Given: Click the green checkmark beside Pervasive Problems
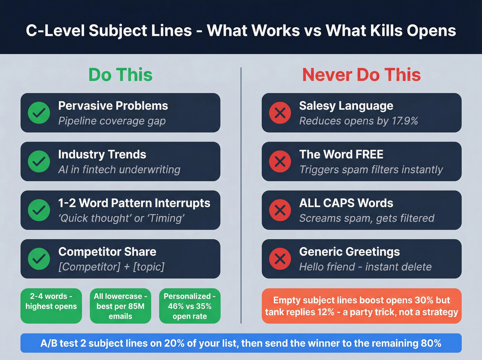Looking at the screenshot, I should click(39, 113).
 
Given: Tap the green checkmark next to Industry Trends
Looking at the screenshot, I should click(39, 161).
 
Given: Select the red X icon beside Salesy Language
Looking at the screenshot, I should click(280, 113).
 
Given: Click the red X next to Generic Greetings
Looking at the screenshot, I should click(280, 259).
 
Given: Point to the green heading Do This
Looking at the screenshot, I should click(120, 75).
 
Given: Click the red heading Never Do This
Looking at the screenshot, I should click(361, 75).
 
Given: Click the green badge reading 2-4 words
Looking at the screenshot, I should click(51, 306).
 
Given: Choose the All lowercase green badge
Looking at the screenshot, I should click(120, 306).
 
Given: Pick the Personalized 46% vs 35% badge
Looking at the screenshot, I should click(190, 306).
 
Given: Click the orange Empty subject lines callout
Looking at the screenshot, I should click(361, 306).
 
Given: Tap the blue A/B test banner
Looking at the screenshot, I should click(241, 343).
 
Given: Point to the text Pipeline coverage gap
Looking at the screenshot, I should click(112, 121).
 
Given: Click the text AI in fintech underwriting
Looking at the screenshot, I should click(119, 169).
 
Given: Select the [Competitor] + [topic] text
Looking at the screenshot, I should click(111, 267).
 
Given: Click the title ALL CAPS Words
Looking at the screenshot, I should click(346, 203).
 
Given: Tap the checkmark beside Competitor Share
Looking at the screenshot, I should click(39, 259).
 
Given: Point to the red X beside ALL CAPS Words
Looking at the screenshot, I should click(280, 210).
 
